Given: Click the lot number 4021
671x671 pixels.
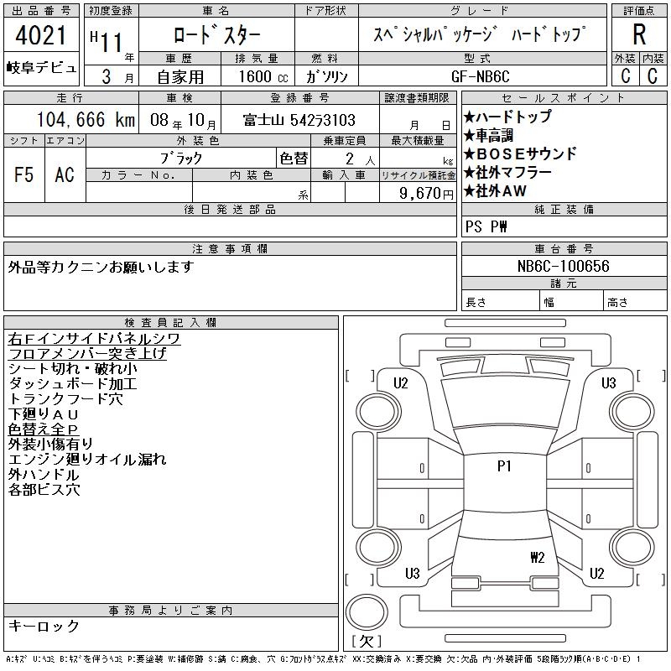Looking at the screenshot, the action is click(x=40, y=35).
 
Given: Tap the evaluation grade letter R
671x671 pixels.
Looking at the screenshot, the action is click(x=639, y=34).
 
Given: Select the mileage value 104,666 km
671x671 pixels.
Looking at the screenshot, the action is click(x=86, y=119).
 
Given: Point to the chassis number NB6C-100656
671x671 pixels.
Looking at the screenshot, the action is click(x=563, y=266).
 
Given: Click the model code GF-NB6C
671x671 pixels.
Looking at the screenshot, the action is click(x=480, y=76).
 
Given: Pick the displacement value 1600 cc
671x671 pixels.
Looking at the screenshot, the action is click(x=263, y=76).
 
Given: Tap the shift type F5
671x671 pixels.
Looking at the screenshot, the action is click(x=23, y=174).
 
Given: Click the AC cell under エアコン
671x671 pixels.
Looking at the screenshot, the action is click(x=65, y=174).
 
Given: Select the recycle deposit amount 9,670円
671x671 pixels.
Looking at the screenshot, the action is click(x=426, y=194).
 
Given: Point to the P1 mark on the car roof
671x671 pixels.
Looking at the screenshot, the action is click(x=504, y=466).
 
